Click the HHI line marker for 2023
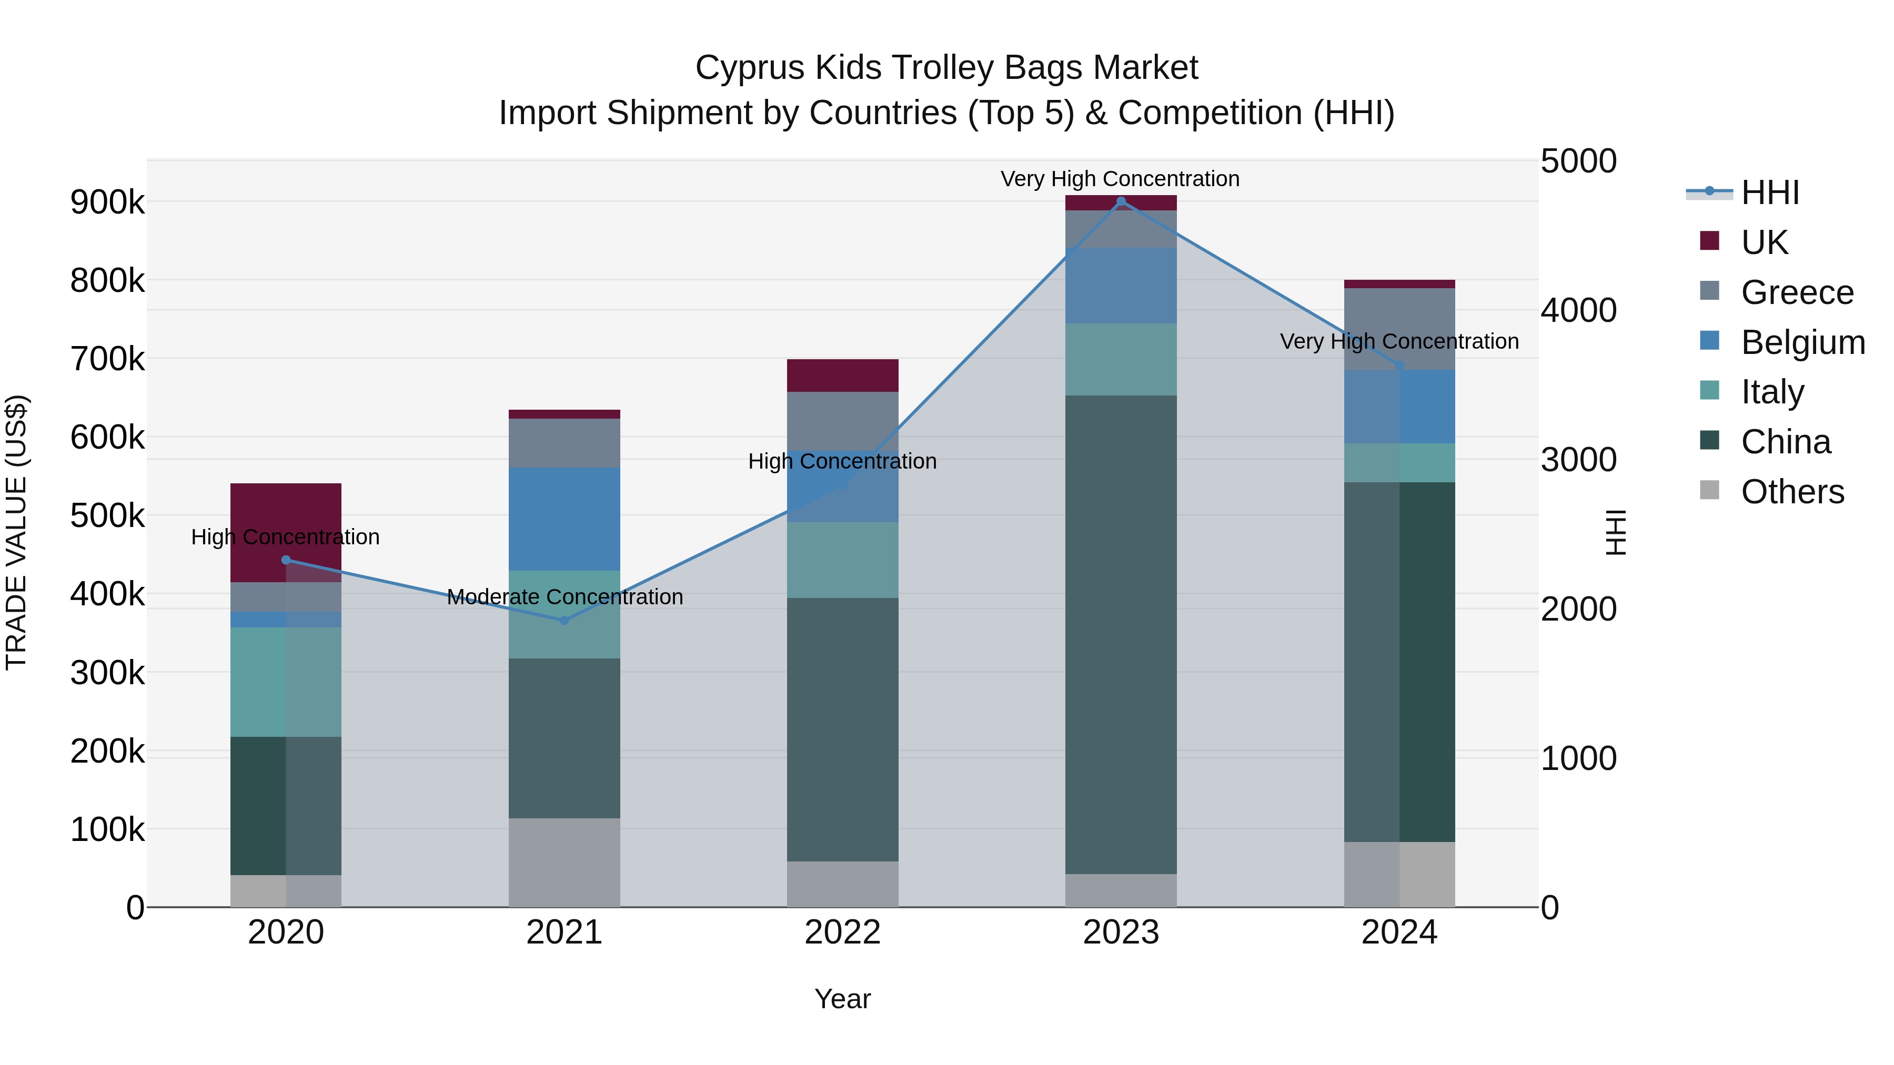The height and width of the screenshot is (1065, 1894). coord(1121,201)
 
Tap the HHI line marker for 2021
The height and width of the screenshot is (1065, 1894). coord(564,621)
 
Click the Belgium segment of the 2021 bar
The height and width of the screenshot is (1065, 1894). coord(564,519)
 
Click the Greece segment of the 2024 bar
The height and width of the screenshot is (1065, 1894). coord(1398,316)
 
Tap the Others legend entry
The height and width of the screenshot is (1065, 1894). coord(1792,492)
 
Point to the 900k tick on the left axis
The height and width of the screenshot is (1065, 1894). coord(107,202)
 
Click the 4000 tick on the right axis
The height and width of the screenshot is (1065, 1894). coord(1578,310)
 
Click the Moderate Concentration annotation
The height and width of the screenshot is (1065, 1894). coord(564,597)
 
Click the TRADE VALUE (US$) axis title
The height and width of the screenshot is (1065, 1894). coord(16,532)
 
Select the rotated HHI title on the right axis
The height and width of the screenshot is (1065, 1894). coord(1615,532)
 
